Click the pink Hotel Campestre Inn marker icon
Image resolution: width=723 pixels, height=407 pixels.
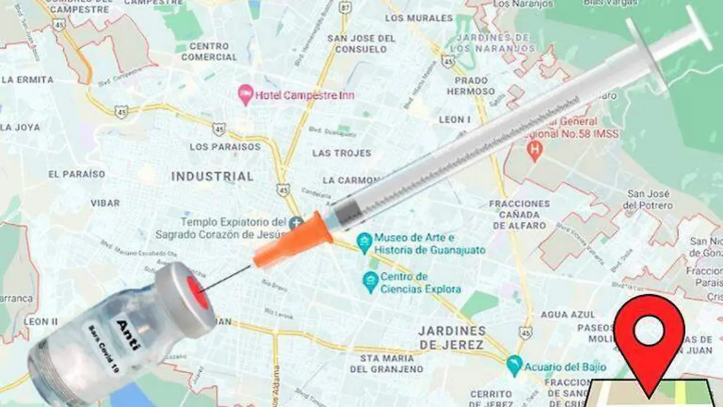pyautogui.click(x=245, y=95)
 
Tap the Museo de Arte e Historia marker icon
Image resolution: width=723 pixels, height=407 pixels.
pyautogui.click(x=363, y=243)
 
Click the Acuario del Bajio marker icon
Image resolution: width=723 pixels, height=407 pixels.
pyautogui.click(x=514, y=365)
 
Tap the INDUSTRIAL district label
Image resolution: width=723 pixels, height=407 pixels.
pyautogui.click(x=212, y=177)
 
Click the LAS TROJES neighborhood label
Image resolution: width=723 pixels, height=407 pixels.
pyautogui.click(x=342, y=153)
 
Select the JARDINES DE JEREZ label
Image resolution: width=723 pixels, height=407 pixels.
pyautogui.click(x=451, y=338)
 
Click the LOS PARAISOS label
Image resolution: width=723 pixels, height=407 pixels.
pyautogui.click(x=225, y=147)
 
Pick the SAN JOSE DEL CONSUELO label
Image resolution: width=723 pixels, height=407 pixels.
pyautogui.click(x=361, y=43)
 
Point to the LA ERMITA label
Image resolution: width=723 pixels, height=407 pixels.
pyautogui.click(x=28, y=80)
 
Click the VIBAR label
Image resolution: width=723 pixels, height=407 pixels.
pyautogui.click(x=105, y=203)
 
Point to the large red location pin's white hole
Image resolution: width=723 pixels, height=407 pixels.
pyautogui.click(x=649, y=330)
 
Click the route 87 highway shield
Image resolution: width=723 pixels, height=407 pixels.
pyautogui.click(x=345, y=8)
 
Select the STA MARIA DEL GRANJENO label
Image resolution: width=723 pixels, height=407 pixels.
pyautogui.click(x=387, y=363)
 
